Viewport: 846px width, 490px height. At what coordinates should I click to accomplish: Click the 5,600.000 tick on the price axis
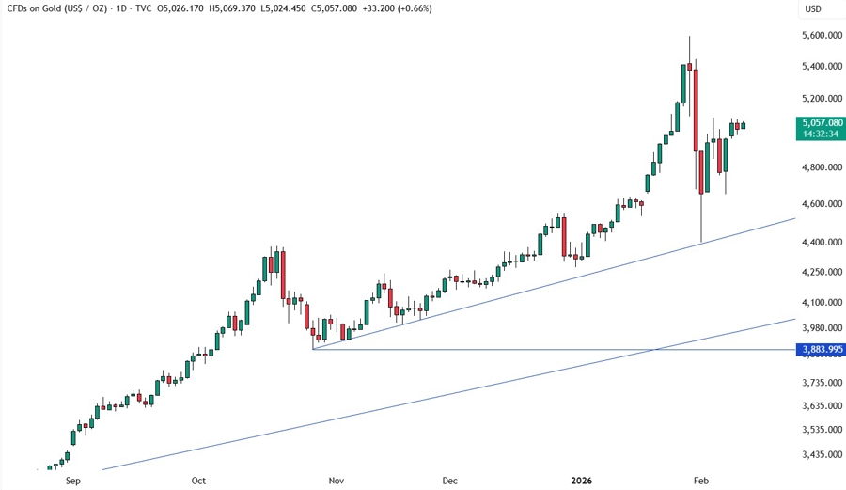[x=820, y=35]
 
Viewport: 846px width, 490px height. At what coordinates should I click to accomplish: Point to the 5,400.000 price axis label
[x=820, y=66]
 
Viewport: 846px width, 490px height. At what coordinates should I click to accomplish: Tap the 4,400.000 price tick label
[x=820, y=242]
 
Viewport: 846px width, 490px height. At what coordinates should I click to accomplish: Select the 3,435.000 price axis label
[x=820, y=454]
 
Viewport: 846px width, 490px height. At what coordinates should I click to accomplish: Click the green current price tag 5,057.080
[x=820, y=122]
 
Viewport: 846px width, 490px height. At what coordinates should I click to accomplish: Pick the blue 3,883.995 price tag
[x=820, y=349]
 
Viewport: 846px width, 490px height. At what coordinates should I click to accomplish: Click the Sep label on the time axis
[x=74, y=480]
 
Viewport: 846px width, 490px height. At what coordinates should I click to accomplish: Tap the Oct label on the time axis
[x=198, y=480]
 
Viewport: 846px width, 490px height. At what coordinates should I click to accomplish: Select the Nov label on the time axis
[x=336, y=480]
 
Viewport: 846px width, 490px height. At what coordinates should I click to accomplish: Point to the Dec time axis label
[x=450, y=480]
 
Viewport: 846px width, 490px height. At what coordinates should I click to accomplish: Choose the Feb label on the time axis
[x=700, y=480]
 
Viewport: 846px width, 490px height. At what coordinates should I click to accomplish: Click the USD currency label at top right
[x=812, y=9]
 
